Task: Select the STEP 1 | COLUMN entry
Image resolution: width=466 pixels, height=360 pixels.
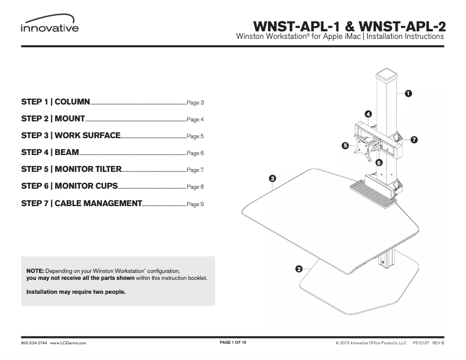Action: [55, 102]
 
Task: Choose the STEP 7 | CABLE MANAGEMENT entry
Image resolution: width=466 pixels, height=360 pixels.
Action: [81, 203]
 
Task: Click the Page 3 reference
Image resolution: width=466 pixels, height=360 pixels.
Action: [195, 103]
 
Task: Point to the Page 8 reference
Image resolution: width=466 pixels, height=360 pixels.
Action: [195, 188]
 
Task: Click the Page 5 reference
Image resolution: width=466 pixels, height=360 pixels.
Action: [195, 137]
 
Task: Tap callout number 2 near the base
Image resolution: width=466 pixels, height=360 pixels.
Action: [299, 269]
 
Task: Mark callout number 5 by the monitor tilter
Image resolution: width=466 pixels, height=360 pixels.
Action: [345, 146]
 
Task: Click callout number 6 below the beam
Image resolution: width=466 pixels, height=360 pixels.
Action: [379, 163]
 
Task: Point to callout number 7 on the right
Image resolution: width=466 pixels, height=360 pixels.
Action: [414, 140]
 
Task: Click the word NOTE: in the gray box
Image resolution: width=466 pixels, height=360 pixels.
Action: [35, 271]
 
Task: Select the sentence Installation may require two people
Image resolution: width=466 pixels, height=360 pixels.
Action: [76, 292]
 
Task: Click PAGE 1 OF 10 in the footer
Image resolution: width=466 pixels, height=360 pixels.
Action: [233, 343]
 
